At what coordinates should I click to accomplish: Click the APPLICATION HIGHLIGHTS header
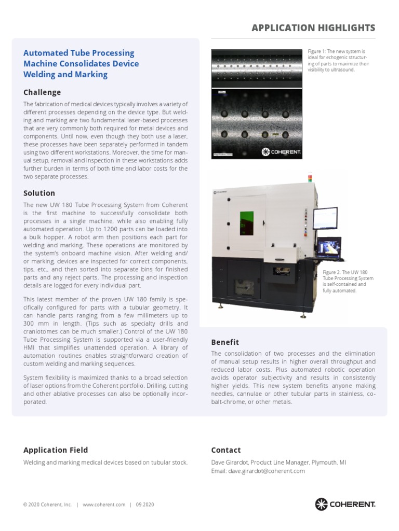[x=313, y=27]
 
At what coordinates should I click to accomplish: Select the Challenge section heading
[x=42, y=92]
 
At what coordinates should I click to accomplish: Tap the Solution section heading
[x=39, y=193]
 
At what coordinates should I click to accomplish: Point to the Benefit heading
[x=225, y=342]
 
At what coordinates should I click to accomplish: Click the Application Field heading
[x=56, y=450]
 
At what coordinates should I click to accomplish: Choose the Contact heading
[x=226, y=450]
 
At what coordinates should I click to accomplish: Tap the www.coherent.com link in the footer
[x=104, y=505]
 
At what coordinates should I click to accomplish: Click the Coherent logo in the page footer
[x=345, y=504]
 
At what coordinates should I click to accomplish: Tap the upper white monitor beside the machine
[x=325, y=219]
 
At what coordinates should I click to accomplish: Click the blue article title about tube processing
[x=81, y=64]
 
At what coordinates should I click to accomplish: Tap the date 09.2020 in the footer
[x=145, y=505]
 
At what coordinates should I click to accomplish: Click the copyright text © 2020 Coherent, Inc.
[x=47, y=505]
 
